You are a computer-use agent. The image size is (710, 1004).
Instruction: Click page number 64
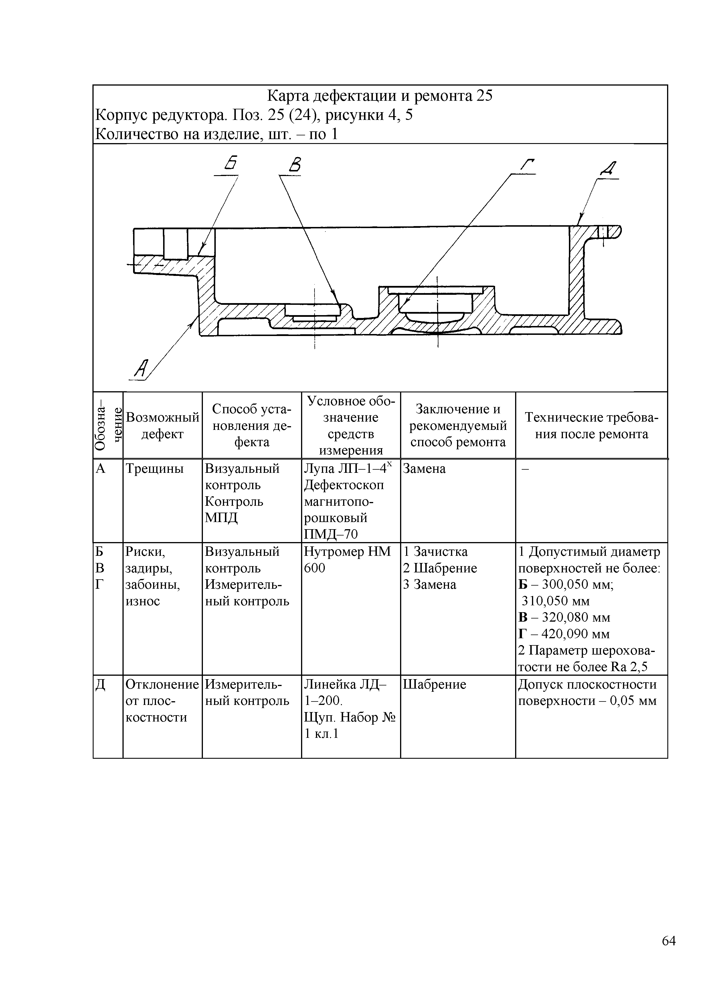pos(669,953)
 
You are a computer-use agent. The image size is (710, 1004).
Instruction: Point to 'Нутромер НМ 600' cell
pos(348,560)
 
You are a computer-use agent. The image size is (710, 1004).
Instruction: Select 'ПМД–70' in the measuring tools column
pos(331,534)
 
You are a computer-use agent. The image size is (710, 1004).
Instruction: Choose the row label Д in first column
pos(100,684)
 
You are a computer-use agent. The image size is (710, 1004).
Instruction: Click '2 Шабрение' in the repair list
pos(440,568)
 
